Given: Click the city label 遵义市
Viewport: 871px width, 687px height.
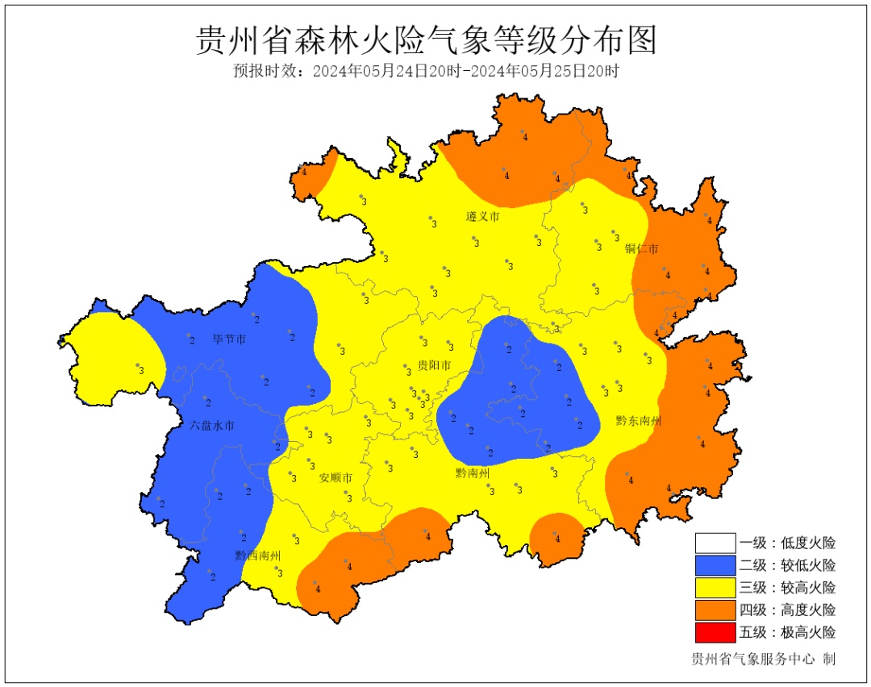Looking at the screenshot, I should tap(482, 217).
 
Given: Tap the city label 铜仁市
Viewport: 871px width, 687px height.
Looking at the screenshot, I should tap(641, 248).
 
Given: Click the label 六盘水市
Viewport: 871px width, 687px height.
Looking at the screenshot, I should tap(212, 425).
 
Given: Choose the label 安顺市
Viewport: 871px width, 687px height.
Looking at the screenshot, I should tap(335, 477).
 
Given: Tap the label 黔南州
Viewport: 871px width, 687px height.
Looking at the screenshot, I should tap(473, 473).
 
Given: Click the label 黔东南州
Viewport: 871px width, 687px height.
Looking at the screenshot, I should tap(639, 421).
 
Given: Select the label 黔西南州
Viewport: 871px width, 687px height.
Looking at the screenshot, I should tap(258, 556).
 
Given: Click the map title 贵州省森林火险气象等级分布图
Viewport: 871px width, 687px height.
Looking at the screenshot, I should tap(427, 40).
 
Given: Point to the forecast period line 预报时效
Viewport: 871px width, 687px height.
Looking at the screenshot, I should tap(427, 71).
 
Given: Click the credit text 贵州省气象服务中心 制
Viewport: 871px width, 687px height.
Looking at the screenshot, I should tap(763, 659).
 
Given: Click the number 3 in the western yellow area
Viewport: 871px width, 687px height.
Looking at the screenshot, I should tap(141, 370).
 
